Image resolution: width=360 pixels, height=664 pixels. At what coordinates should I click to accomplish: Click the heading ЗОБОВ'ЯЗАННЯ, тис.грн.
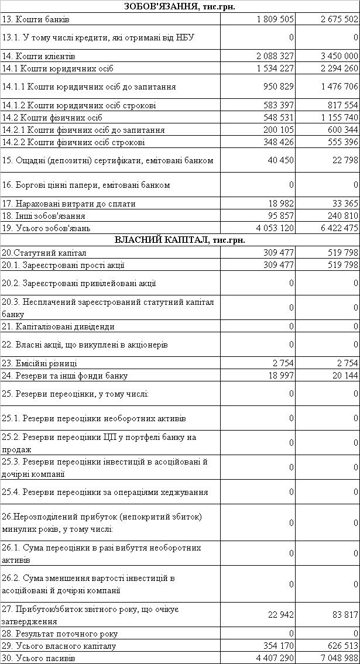coord(180,6)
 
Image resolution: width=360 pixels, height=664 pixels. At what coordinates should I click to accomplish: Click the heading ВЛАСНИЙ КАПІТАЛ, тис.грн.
coord(180,240)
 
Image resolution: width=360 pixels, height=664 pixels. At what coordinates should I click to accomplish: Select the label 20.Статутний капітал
coord(44,253)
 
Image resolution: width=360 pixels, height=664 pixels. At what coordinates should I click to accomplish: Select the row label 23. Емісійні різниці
coord(40,363)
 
